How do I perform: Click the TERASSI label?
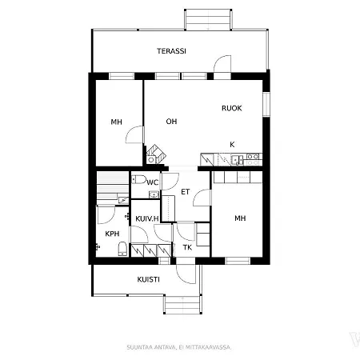pos(171,51)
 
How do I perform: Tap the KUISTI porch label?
pos(148,279)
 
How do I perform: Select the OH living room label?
pos(171,122)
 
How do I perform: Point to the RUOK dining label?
pos(232,108)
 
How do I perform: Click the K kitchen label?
pos(232,145)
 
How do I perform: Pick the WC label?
pos(153,182)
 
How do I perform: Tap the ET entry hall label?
pos(186,192)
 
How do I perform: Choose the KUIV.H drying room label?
pos(147,219)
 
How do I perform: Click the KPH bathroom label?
pos(112,234)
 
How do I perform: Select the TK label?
pos(187,247)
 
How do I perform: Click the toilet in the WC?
pos(138,179)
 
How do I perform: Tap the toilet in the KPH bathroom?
pos(122,249)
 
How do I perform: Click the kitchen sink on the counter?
pos(237,160)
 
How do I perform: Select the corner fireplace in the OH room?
pos(156,154)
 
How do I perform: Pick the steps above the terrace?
pos(208,19)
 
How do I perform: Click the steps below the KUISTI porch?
pos(182,305)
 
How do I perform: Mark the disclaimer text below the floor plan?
pos(179,347)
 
